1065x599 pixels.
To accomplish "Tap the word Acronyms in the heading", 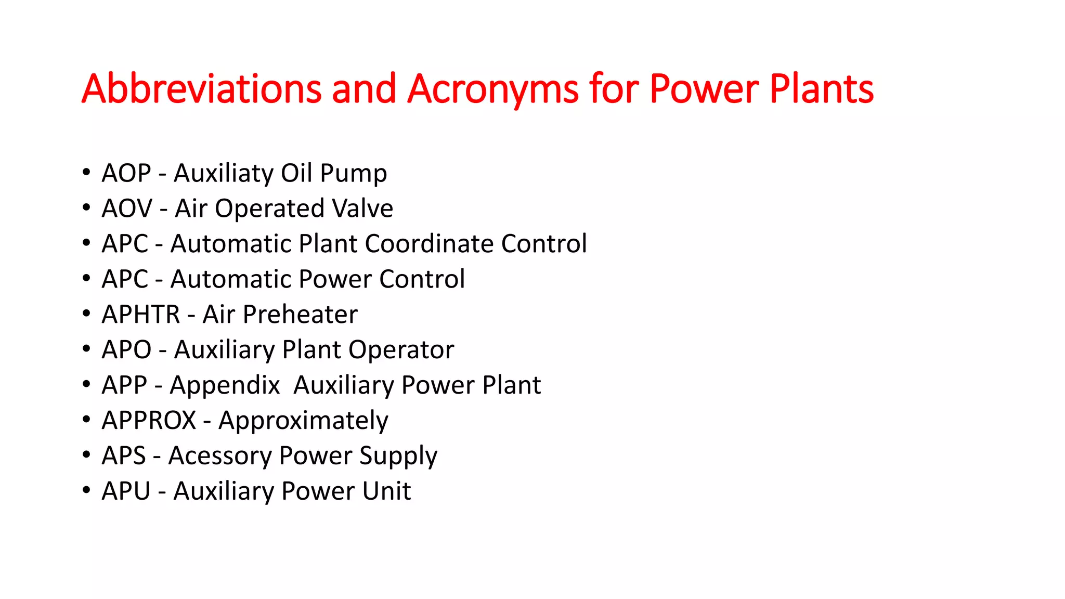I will coord(492,89).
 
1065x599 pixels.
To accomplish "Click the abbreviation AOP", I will coord(126,173).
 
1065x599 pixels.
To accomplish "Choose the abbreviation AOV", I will coord(127,209).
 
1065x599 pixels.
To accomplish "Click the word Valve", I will coord(362,209).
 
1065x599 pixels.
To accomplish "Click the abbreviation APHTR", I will coord(141,315).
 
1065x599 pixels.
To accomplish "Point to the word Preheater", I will coord(300,315).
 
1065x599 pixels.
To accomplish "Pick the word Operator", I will coord(401,350).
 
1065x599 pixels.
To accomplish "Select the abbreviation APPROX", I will coord(149,421).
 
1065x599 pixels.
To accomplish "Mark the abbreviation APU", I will coord(126,491).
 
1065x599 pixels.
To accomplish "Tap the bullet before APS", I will coord(86,455).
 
